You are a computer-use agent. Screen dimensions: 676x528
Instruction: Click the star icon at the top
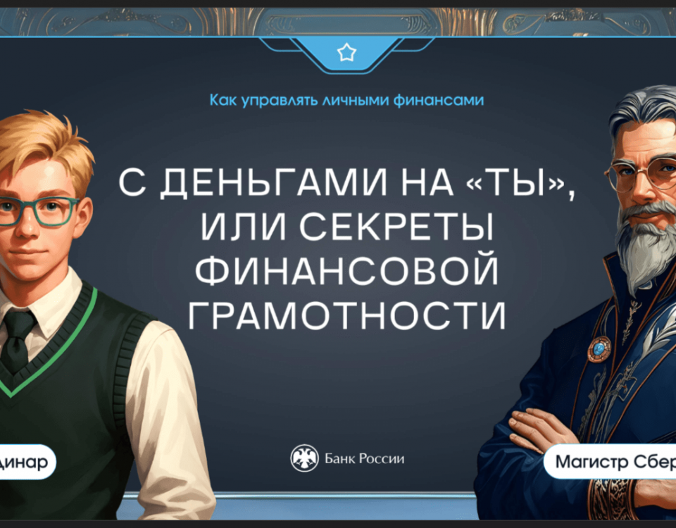[346, 53]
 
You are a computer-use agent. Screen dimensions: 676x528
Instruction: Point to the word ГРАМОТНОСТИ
[347, 316]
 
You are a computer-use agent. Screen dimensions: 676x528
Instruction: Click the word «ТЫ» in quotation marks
[515, 183]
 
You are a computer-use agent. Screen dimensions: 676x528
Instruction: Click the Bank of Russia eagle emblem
[304, 458]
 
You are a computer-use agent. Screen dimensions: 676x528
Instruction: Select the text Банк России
[364, 458]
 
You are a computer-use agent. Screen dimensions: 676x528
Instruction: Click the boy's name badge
[27, 462]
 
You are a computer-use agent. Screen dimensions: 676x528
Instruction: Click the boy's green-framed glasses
[38, 211]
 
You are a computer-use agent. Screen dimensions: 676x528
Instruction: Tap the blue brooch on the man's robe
[599, 349]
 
